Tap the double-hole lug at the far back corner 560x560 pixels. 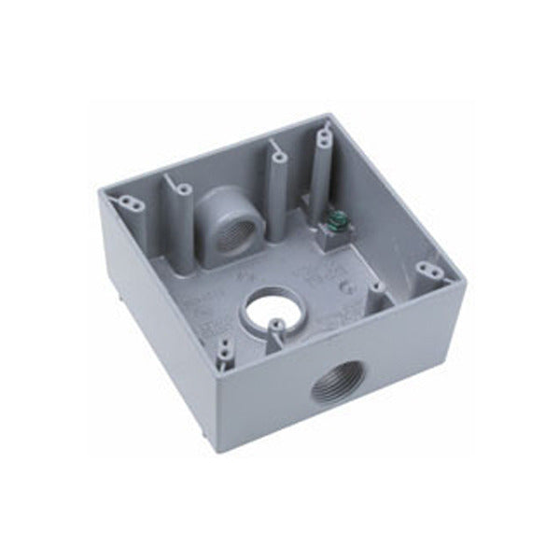[x=323, y=140]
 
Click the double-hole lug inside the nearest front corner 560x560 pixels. [x=223, y=354]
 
